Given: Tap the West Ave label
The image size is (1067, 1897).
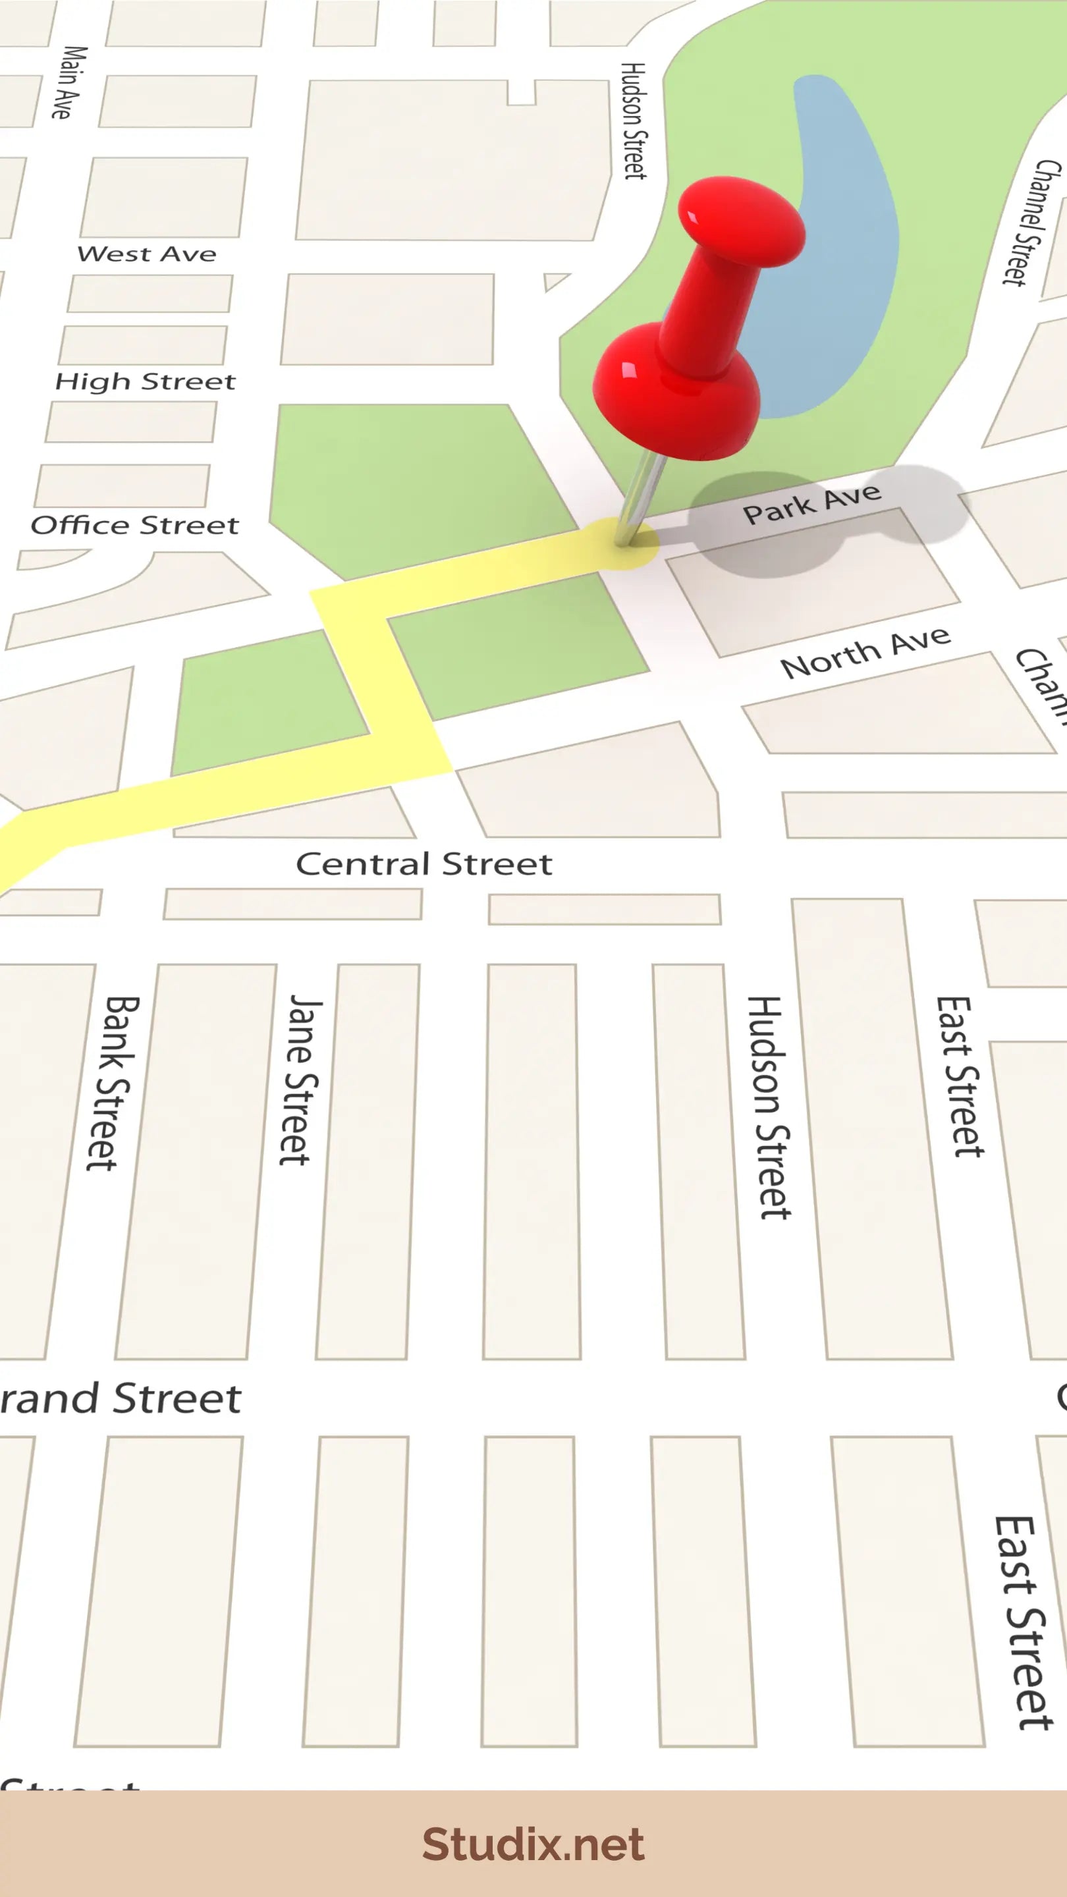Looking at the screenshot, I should pyautogui.click(x=146, y=254).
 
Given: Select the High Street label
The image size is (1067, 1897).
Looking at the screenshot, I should pyautogui.click(x=145, y=381).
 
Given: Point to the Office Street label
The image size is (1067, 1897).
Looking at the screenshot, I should pyautogui.click(x=135, y=525).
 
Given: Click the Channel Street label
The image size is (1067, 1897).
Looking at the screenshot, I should pyautogui.click(x=1031, y=223).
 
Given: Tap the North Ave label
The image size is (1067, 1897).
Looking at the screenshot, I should pyautogui.click(x=865, y=653).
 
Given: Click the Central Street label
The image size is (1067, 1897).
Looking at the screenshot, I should pyautogui.click(x=424, y=864).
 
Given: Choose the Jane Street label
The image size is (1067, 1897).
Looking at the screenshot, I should pyautogui.click(x=300, y=1080).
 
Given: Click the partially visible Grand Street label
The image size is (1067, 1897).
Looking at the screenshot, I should pyautogui.click(x=121, y=1398).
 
